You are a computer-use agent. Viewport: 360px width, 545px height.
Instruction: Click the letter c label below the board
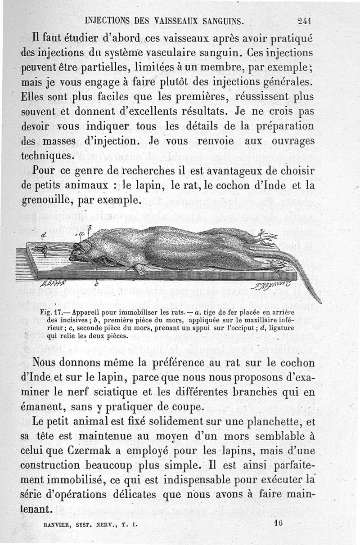coord(96,284)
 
